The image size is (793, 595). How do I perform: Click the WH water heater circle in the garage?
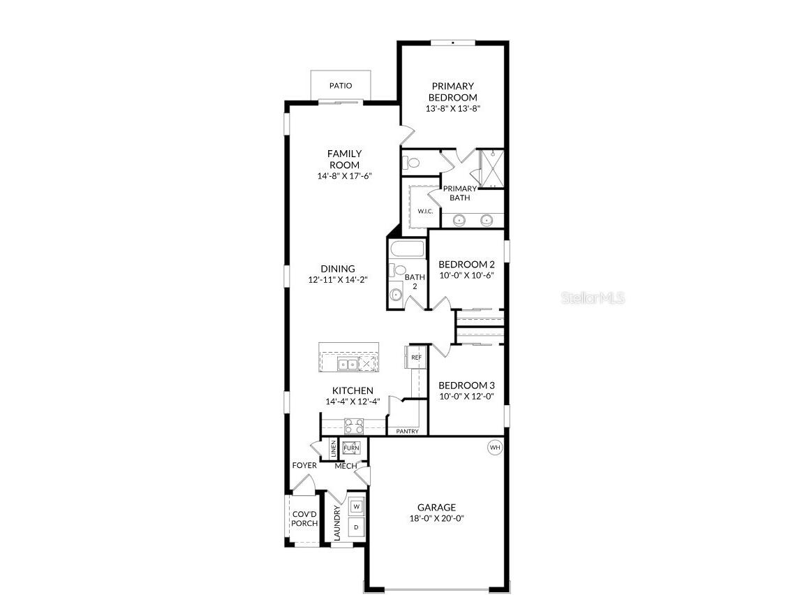[494, 448]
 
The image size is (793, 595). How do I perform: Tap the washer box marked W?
[356, 506]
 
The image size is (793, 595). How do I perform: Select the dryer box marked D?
[356, 527]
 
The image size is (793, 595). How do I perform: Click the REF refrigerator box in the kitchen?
[416, 358]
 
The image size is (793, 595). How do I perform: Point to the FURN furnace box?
[350, 448]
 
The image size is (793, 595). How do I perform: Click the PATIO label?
[341, 86]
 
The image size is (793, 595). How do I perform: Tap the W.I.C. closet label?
[426, 211]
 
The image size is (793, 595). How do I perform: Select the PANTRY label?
[407, 432]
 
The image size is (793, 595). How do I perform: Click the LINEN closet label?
[334, 448]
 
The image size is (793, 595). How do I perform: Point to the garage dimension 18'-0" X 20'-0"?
[437, 519]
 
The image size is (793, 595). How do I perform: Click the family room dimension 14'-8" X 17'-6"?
[345, 176]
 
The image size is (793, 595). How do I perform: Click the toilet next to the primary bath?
[411, 163]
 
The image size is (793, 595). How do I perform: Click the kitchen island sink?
[347, 364]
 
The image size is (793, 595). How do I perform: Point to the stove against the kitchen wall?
[353, 426]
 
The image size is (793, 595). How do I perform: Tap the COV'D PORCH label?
[304, 518]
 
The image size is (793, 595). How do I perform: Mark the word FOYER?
[304, 466]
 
